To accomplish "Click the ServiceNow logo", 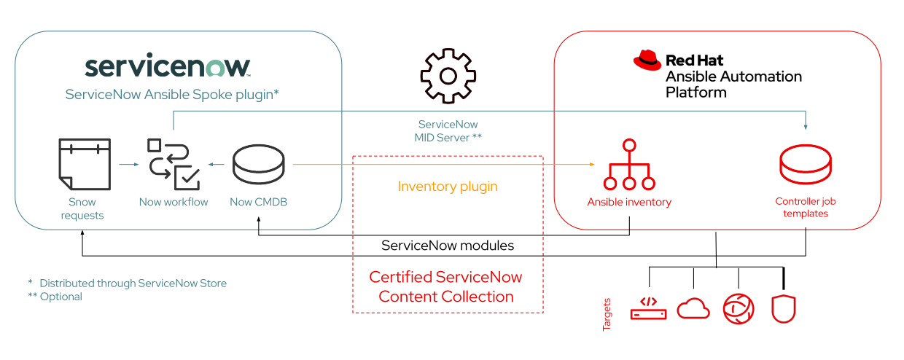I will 168,67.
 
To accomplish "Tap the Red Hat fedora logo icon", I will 647,60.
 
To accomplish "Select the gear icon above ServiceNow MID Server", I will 448,76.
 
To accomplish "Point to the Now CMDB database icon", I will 258,165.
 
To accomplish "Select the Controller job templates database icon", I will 805,165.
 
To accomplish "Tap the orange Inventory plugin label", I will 448,187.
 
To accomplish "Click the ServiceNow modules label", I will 448,246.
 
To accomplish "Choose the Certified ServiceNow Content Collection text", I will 446,287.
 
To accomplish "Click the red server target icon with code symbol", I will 648,308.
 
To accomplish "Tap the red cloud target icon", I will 693,309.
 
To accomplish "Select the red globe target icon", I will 738,309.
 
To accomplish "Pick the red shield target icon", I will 783,309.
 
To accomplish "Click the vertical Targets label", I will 607,313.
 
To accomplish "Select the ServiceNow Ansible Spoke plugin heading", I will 172,95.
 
